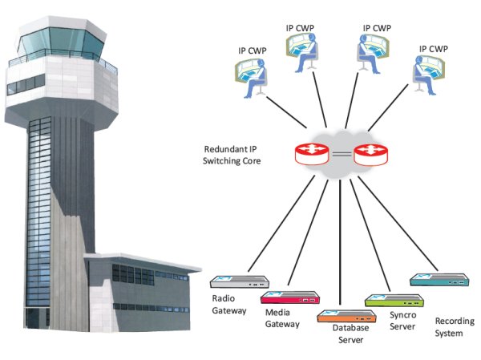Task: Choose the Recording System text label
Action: click(x=448, y=326)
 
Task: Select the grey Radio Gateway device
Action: click(x=239, y=282)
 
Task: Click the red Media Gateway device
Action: click(x=286, y=297)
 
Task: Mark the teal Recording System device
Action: click(x=438, y=280)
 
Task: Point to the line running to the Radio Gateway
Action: click(x=283, y=224)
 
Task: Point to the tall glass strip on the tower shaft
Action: click(x=40, y=216)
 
